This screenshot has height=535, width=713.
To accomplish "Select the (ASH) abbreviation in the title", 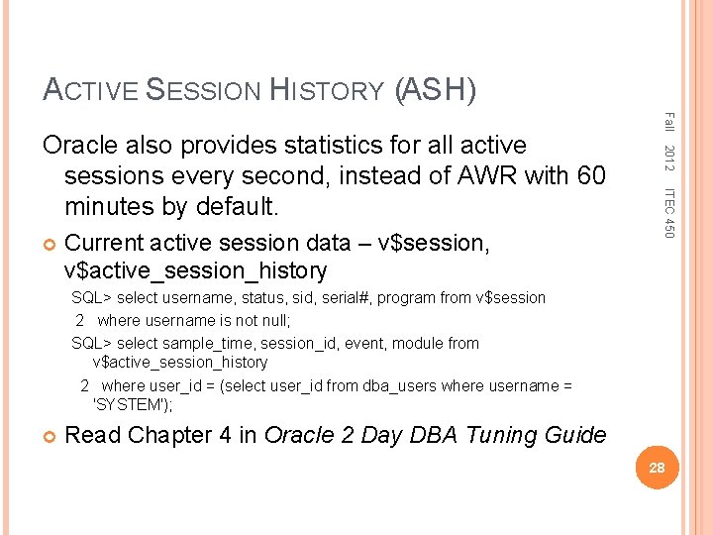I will tap(436, 91).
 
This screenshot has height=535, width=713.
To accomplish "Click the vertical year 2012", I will tap(668, 156).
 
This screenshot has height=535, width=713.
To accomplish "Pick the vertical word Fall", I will tap(668, 123).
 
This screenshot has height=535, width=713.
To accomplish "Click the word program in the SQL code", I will tap(403, 297).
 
